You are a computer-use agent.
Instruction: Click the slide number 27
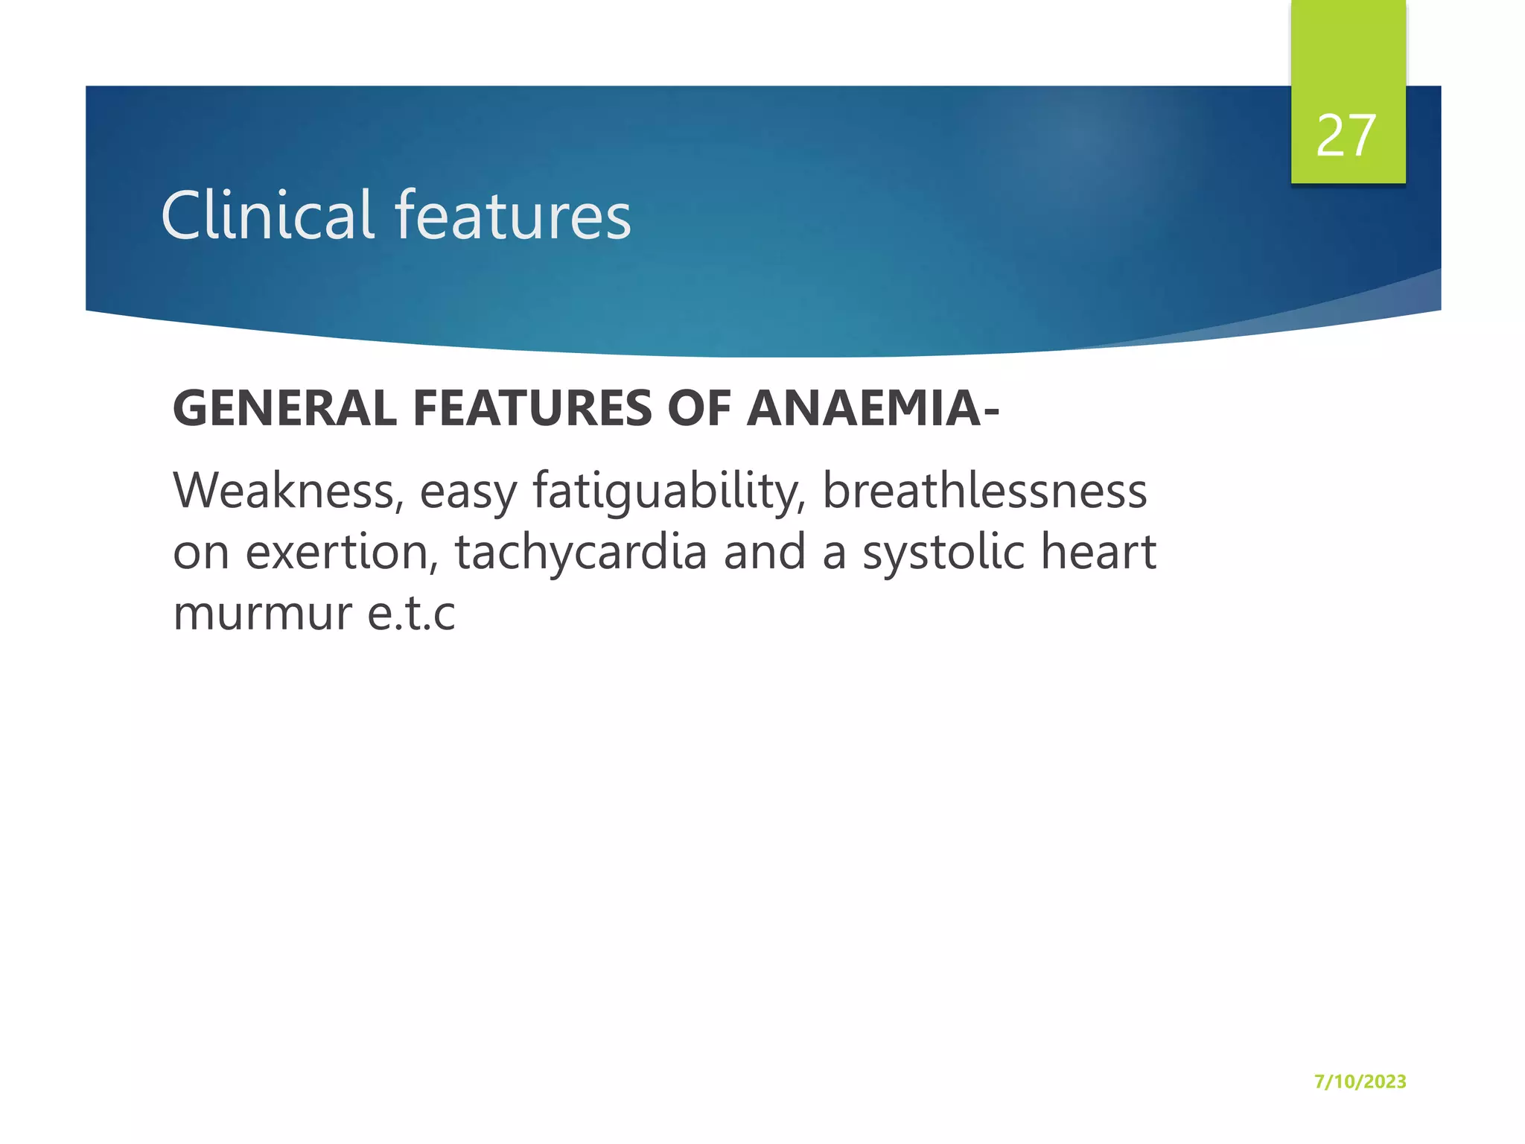[1346, 136]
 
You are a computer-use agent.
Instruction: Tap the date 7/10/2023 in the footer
[1360, 1081]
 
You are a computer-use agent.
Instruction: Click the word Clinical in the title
[267, 215]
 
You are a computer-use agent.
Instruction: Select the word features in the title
[513, 215]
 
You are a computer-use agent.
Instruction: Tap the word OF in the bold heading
[698, 409]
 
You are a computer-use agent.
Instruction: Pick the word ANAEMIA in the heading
[864, 409]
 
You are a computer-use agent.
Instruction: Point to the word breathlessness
[984, 492]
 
